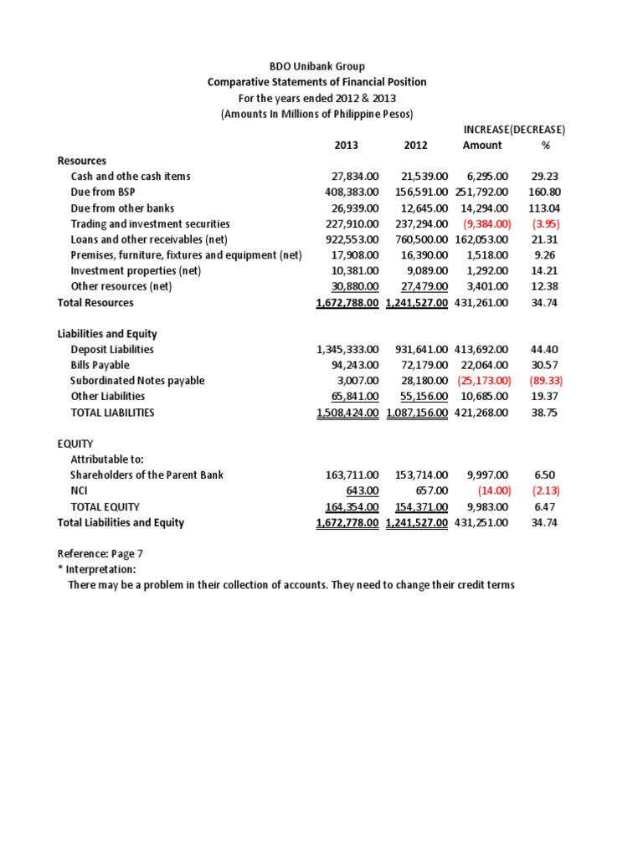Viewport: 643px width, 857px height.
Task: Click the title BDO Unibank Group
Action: [x=316, y=66]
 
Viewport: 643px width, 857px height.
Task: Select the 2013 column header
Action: [x=346, y=145]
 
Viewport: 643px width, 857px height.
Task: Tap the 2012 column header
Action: [x=415, y=145]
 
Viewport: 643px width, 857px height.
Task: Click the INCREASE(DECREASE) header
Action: [x=514, y=130]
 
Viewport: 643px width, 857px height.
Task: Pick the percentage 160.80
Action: [x=545, y=192]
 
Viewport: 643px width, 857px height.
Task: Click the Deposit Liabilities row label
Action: [x=112, y=350]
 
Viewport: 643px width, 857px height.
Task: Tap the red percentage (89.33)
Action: [x=545, y=381]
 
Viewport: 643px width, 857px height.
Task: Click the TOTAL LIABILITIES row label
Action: [x=112, y=413]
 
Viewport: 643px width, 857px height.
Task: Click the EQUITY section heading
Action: [x=75, y=444]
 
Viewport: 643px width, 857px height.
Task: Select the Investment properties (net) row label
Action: [x=136, y=271]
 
